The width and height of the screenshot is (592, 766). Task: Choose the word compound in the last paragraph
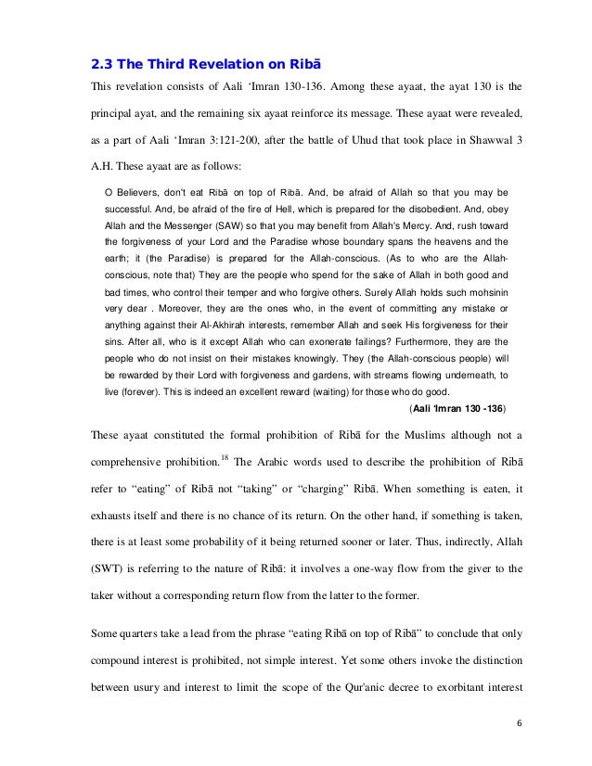pyautogui.click(x=119, y=662)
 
